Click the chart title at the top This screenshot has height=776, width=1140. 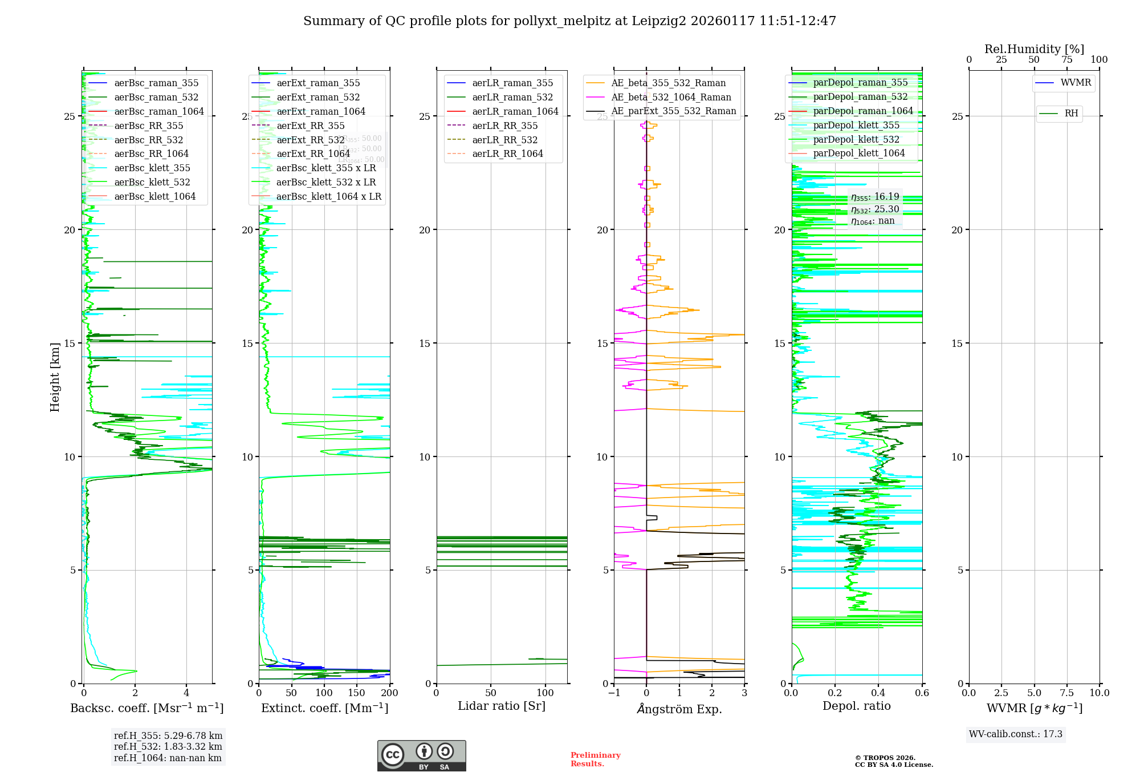point(569,21)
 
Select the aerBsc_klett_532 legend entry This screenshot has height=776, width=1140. point(152,183)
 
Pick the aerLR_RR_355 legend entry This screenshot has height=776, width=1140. point(504,126)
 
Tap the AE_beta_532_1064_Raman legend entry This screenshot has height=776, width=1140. point(671,98)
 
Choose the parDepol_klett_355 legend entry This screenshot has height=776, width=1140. point(856,126)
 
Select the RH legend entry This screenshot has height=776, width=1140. point(1071,114)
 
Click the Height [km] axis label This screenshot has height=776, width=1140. point(55,377)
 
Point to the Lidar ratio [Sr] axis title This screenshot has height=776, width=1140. point(502,706)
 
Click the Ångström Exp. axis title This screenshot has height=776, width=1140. point(679,709)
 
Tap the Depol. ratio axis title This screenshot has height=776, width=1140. point(856,706)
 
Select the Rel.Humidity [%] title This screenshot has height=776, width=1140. point(1034,49)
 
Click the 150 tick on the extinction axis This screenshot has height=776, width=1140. point(357,693)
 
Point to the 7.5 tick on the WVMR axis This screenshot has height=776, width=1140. point(1067,693)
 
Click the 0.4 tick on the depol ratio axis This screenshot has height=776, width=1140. point(878,693)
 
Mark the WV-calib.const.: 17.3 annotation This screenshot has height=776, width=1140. point(1016,734)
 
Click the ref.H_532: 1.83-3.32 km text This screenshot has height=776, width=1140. point(168,747)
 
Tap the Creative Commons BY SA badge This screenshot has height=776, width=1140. point(421,756)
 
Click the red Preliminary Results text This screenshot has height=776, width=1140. point(595,759)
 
